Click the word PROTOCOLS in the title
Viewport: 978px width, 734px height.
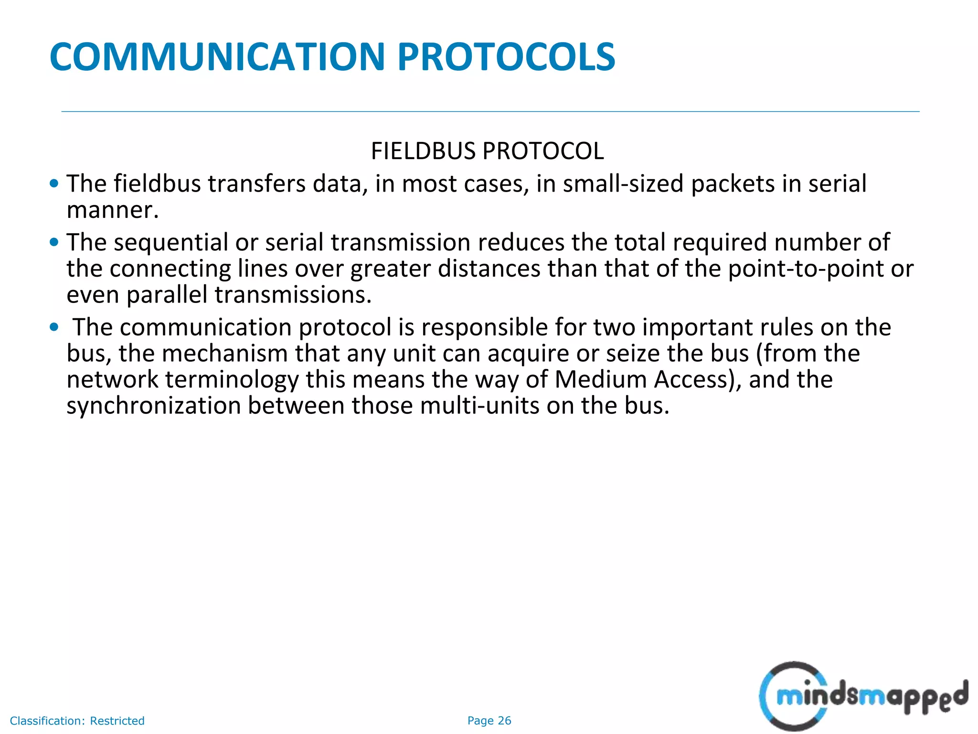click(x=506, y=57)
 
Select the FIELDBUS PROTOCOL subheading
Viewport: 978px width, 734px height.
click(x=487, y=151)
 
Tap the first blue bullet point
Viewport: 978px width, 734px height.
click(x=54, y=183)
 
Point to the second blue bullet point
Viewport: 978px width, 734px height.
click(x=54, y=242)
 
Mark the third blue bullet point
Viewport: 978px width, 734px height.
click(x=54, y=327)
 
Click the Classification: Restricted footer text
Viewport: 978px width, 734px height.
click(x=77, y=721)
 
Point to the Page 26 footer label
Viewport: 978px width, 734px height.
click(x=489, y=721)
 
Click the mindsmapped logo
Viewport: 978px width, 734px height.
click(x=862, y=696)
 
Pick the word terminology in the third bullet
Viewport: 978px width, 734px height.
click(x=232, y=380)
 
